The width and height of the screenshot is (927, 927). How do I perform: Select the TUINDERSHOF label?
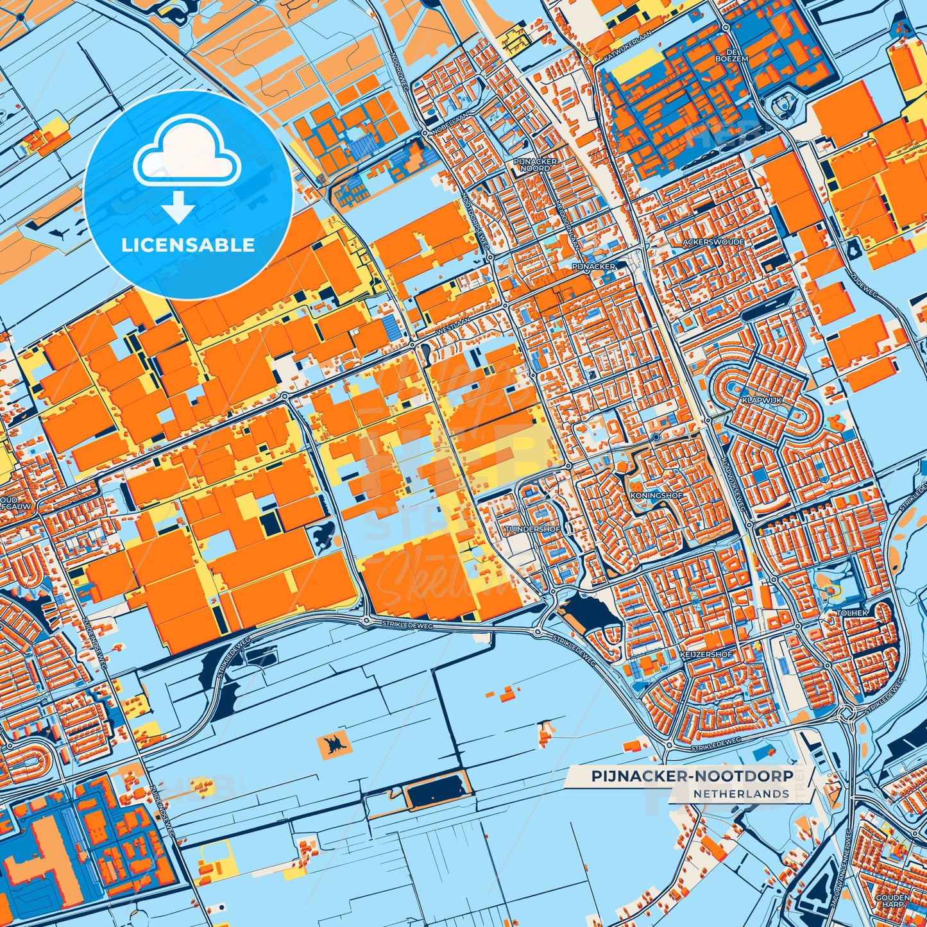(533, 529)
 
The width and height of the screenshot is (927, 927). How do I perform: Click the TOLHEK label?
(852, 613)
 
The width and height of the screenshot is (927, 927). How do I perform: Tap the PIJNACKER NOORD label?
(536, 165)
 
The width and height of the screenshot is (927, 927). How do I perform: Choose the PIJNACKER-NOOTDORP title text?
(692, 776)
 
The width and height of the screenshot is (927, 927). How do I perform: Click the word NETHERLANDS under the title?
(741, 794)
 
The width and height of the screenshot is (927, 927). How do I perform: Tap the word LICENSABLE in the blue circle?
(188, 245)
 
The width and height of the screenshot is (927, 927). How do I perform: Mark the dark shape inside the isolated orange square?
(334, 745)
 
